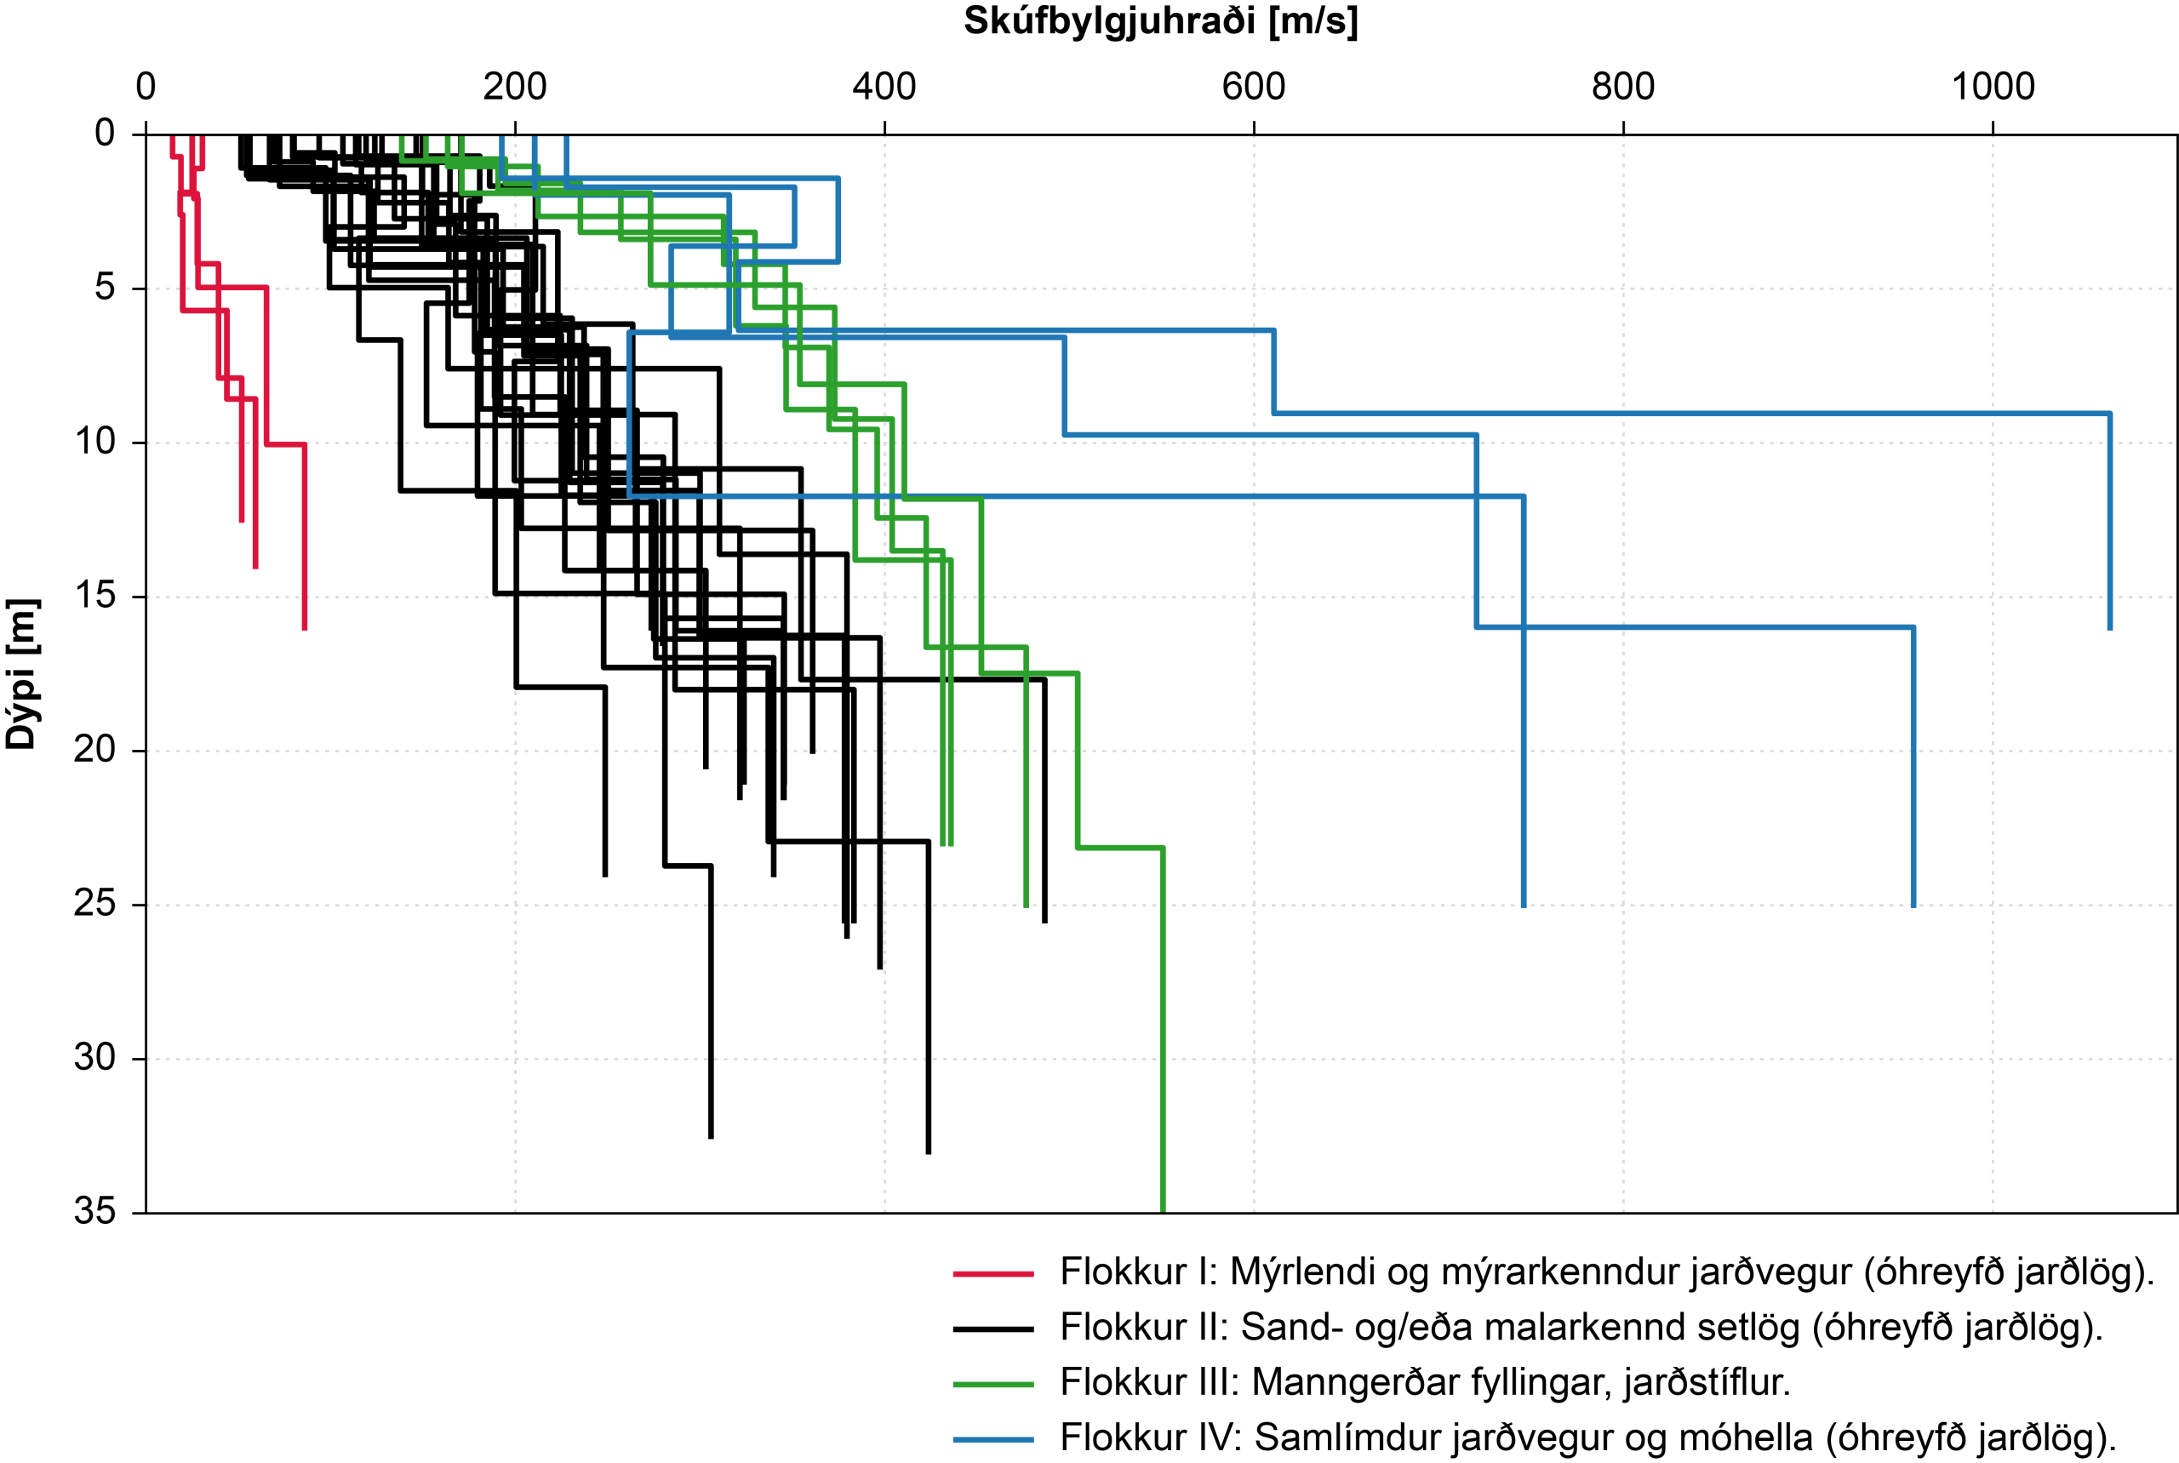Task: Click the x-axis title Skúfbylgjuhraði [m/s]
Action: (1160, 21)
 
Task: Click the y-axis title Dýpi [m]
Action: (20, 674)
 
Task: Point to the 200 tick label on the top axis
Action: (514, 87)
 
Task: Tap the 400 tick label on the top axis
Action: (884, 87)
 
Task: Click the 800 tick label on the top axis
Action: (1623, 87)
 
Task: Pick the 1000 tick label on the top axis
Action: (1993, 87)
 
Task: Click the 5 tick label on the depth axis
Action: (106, 288)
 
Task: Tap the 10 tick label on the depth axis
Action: (95, 442)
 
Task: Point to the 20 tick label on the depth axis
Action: (95, 749)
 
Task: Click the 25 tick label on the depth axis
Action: (95, 903)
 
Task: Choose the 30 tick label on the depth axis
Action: (95, 1057)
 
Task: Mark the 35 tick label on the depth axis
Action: (95, 1211)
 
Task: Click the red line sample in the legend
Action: (993, 1273)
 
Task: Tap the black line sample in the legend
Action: (993, 1329)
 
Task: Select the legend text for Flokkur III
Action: (1425, 1383)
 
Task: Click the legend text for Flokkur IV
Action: (1587, 1437)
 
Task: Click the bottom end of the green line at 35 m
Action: (1163, 1212)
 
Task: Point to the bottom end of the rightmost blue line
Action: (2110, 630)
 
